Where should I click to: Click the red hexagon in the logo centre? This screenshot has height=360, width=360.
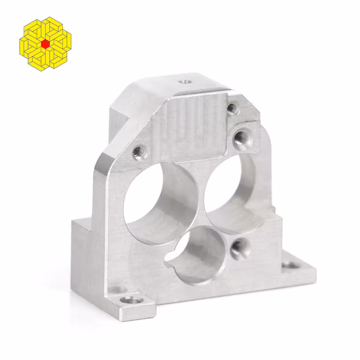[45, 43]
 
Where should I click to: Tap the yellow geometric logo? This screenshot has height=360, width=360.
[45, 43]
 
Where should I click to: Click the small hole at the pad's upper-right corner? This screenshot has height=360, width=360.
[232, 109]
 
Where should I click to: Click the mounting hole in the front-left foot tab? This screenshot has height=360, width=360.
[134, 300]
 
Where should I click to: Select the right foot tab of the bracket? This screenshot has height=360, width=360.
[291, 267]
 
